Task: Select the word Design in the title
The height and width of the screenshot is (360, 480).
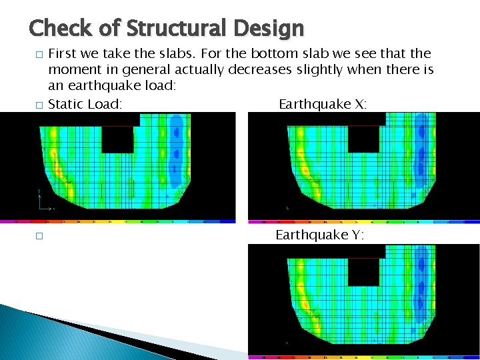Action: (x=274, y=28)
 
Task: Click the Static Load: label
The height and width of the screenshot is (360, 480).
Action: (x=85, y=104)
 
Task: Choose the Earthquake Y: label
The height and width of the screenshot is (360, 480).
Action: (x=319, y=235)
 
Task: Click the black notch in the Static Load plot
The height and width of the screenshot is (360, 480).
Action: (x=117, y=139)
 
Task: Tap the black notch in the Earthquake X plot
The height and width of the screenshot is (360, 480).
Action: (x=363, y=139)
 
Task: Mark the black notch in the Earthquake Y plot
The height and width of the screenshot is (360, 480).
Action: (x=363, y=272)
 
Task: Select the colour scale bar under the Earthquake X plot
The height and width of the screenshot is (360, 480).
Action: (x=364, y=221)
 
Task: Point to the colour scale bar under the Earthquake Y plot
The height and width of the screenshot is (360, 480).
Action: (x=364, y=357)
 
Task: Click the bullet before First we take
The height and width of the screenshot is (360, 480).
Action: (x=39, y=54)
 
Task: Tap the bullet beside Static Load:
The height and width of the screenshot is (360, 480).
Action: (x=39, y=105)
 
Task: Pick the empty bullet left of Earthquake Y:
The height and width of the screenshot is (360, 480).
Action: (x=39, y=235)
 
